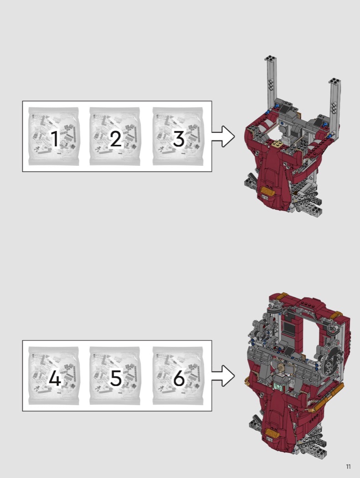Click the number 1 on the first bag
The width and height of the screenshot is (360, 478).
pyautogui.click(x=55, y=139)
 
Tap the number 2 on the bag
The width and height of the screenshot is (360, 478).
pyautogui.click(x=116, y=139)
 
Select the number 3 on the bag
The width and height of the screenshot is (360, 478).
pyautogui.click(x=179, y=139)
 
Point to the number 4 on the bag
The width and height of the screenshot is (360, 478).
pyautogui.click(x=55, y=378)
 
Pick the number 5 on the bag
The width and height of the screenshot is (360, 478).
pyautogui.click(x=116, y=378)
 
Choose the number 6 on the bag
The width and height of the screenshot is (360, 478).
pyautogui.click(x=179, y=378)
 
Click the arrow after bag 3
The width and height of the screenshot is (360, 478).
pyautogui.click(x=223, y=136)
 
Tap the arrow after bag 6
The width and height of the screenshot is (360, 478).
pyautogui.click(x=223, y=376)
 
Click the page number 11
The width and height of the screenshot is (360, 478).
pyautogui.click(x=348, y=467)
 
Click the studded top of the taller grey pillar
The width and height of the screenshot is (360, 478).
pyautogui.click(x=270, y=59)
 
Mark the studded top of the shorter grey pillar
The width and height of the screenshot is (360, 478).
pyautogui.click(x=334, y=81)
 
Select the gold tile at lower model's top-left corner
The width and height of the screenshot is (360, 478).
pyautogui.click(x=282, y=295)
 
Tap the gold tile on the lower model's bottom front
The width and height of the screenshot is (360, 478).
pyautogui.click(x=272, y=433)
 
